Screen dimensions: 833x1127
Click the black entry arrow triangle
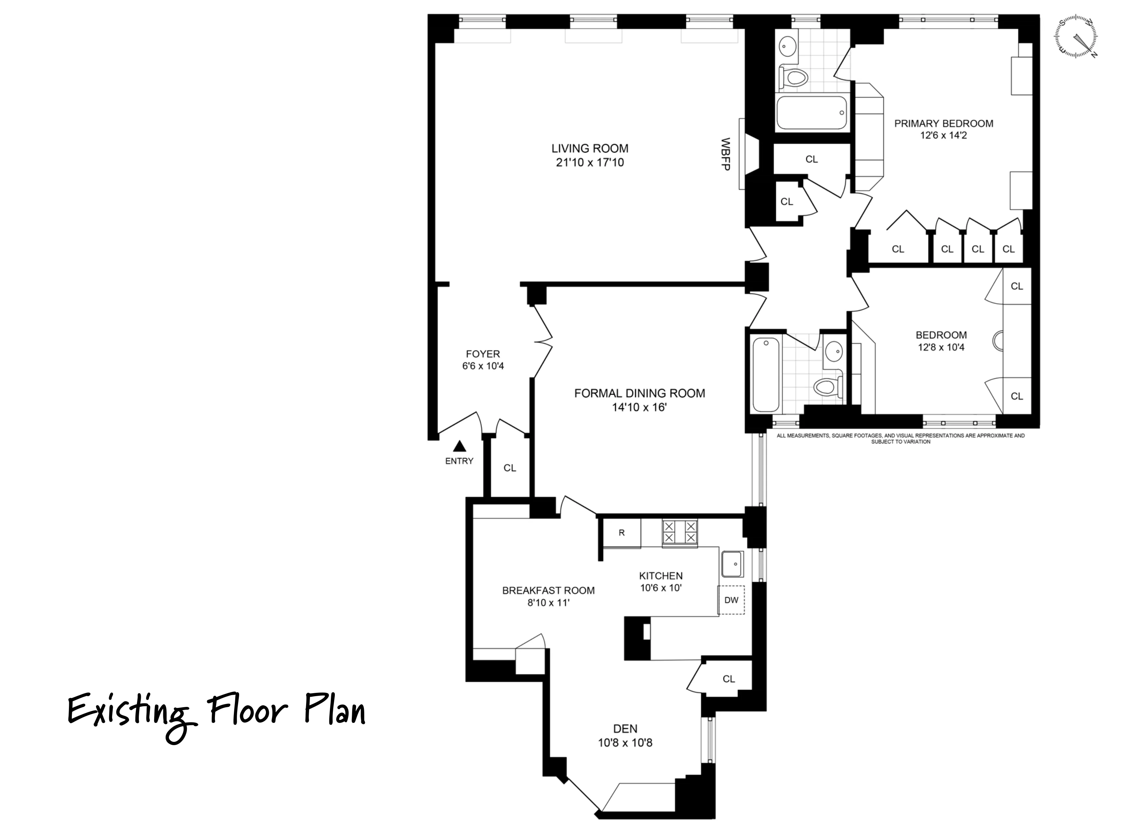(459, 446)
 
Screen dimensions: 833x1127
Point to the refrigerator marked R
(622, 533)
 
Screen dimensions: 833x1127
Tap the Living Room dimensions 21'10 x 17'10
(590, 162)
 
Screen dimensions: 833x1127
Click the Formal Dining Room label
(639, 393)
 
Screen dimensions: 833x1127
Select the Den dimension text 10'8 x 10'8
(625, 743)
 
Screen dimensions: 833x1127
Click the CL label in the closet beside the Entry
(510, 468)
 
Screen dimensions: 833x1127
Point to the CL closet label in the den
(729, 679)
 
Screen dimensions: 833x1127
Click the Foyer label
(482, 354)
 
